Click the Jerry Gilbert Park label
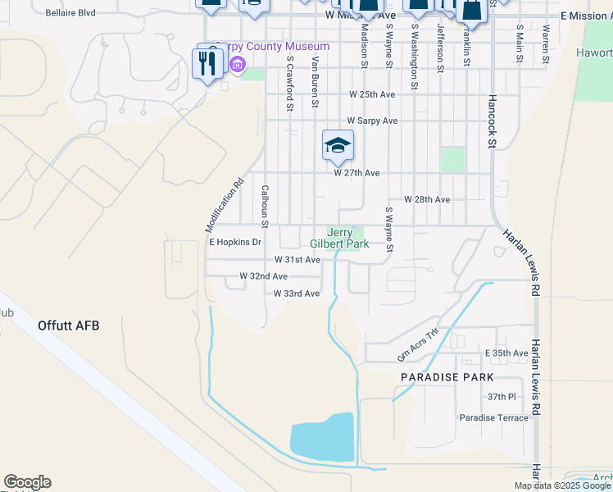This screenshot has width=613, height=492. tap(339, 238)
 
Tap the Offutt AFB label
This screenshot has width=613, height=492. tap(69, 326)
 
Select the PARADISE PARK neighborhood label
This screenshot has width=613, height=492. tap(447, 377)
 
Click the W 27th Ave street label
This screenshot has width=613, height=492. tap(356, 173)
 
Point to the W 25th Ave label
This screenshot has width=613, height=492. tap(372, 94)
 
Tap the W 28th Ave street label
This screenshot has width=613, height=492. tap(427, 199)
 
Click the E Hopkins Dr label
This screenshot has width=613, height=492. tap(234, 243)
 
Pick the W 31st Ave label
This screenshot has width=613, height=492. tap(297, 260)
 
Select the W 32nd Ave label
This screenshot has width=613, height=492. tap(263, 276)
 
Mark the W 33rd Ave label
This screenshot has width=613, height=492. tap(296, 294)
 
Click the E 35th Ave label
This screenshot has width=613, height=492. tap(506, 353)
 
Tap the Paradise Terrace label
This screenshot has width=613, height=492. tap(494, 417)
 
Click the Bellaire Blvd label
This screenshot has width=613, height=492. tap(70, 14)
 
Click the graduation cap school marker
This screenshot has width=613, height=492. tap(338, 147)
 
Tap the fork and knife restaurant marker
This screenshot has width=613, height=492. tap(205, 62)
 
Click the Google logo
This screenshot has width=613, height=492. tap(27, 482)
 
